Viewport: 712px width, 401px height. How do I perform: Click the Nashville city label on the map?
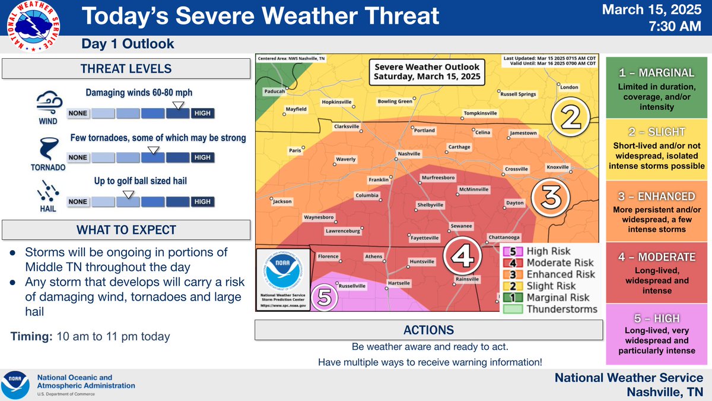pyautogui.click(x=409, y=154)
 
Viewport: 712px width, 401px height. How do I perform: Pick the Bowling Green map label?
pyautogui.click(x=395, y=102)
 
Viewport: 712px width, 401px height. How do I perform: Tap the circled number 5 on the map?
pyautogui.click(x=323, y=296)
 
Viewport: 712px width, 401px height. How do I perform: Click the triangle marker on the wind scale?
pyautogui.click(x=176, y=105)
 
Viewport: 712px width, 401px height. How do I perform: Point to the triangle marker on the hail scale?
pyautogui.click(x=127, y=194)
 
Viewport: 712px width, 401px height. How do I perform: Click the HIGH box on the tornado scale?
pyautogui.click(x=202, y=157)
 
